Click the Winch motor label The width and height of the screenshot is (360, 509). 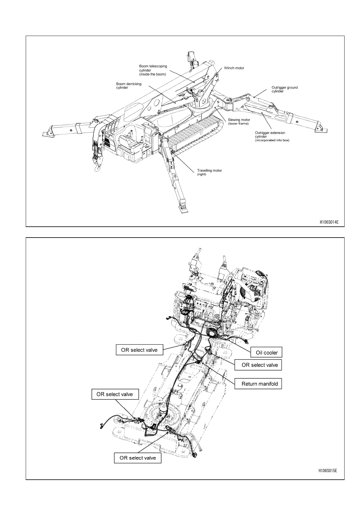point(234,68)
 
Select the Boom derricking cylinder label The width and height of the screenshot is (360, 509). point(129,86)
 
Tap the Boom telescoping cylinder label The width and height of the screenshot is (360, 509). point(153,70)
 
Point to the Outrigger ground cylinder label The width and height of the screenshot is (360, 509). point(284,89)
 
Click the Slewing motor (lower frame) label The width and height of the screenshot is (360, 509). point(239,122)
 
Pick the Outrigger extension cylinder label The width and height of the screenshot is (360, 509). point(272,136)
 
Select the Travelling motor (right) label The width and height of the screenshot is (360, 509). point(209,172)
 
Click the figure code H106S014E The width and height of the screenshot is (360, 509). point(329,222)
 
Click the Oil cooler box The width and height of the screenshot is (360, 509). point(267,352)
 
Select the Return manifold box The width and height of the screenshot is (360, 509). point(260,384)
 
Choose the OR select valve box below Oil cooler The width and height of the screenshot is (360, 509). point(260,365)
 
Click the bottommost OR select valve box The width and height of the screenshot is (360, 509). point(138,458)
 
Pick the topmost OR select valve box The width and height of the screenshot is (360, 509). point(139,350)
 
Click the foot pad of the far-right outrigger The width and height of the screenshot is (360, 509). point(321,130)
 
